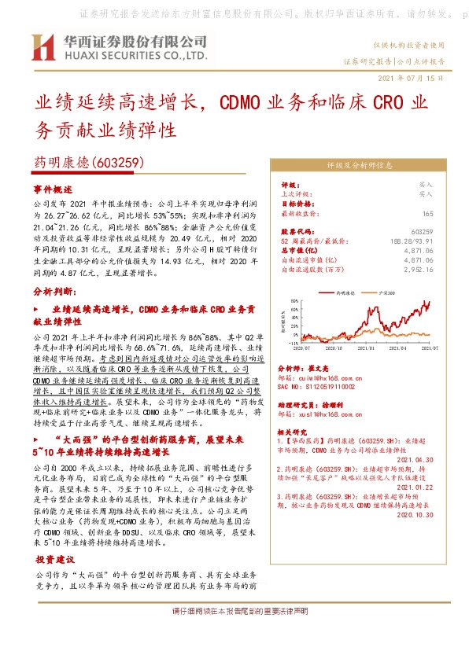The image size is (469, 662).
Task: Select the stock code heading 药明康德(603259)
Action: (87, 163)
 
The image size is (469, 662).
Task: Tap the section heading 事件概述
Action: (53, 190)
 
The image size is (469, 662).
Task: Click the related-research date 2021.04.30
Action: (415, 459)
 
